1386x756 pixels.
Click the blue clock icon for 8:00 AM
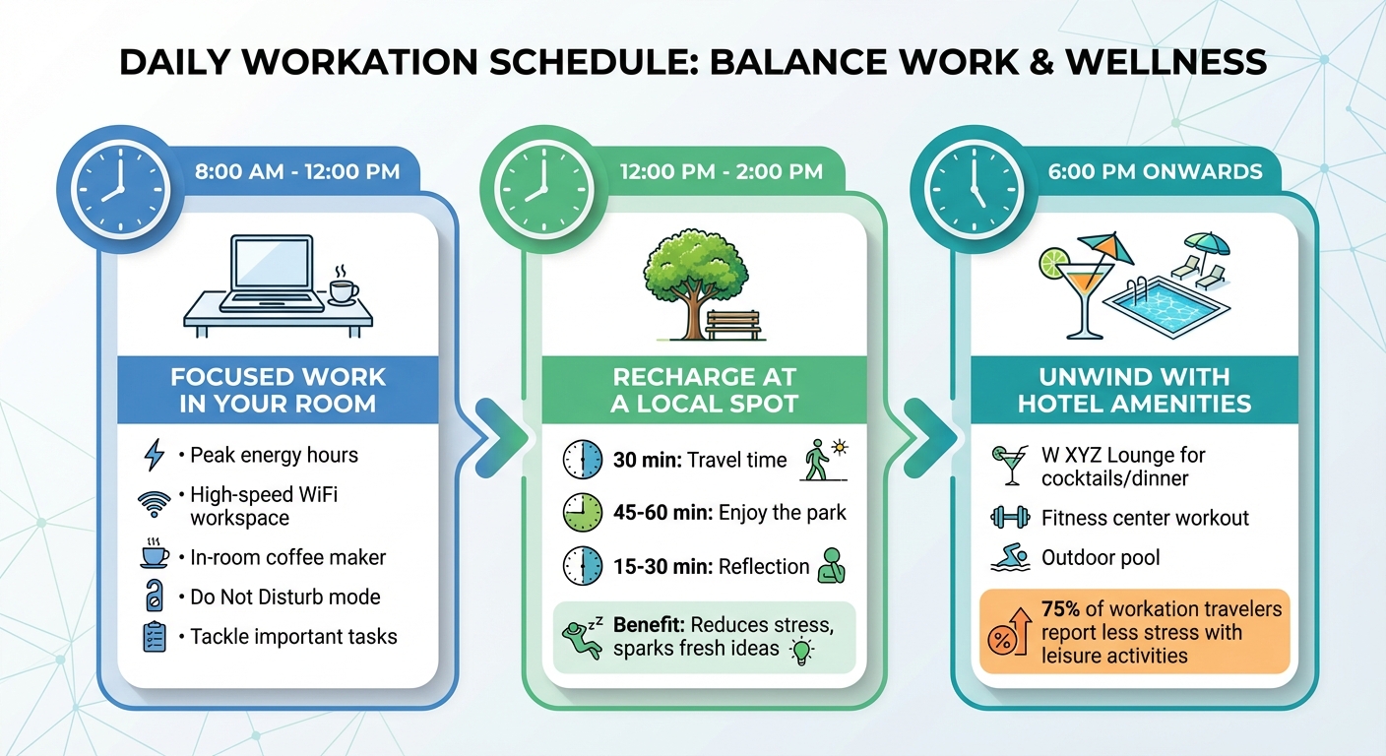pos(119,186)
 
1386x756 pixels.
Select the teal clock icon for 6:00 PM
pos(971,186)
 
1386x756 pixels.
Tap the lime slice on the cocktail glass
pos(1054,263)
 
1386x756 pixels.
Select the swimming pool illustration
pos(1166,306)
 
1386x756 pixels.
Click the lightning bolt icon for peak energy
pos(155,455)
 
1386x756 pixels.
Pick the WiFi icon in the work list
pos(155,504)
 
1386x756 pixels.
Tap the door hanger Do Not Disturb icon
pos(155,597)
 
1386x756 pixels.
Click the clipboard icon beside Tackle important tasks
pos(155,636)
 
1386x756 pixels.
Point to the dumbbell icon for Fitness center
pos(1010,518)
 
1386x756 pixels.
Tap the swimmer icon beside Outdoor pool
pos(1010,558)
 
